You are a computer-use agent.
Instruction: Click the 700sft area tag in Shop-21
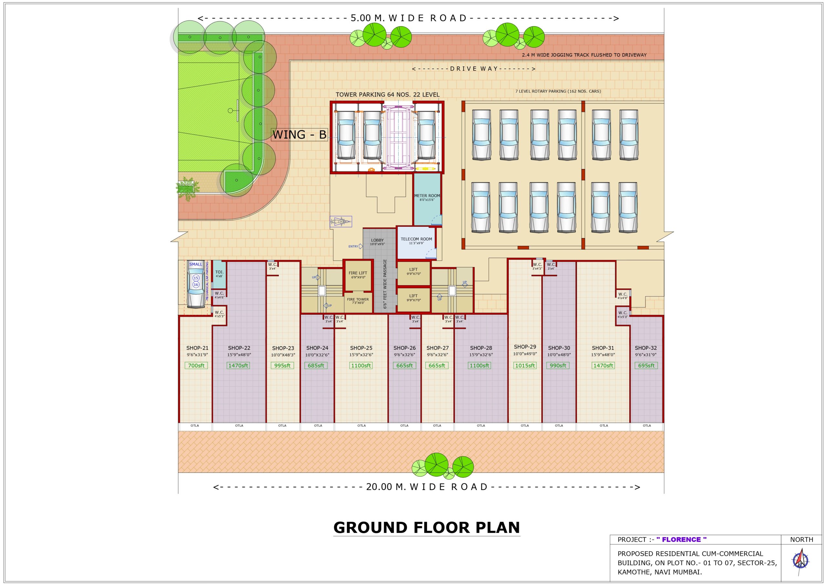pos(196,366)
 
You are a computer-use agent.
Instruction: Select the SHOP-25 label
pos(361,348)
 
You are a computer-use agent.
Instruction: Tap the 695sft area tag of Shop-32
pos(646,366)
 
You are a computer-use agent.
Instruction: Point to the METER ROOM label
pos(427,196)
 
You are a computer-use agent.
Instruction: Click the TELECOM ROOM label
pos(416,239)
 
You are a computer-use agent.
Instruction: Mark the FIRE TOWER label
pos(358,299)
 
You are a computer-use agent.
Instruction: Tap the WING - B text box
pos(299,135)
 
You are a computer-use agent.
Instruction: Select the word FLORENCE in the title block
pos(682,539)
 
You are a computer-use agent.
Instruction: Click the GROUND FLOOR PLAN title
pos(426,528)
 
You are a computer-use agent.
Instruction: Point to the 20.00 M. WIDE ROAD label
pos(426,487)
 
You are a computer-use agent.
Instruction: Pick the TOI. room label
pos(219,272)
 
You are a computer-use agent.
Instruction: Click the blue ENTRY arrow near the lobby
pos(360,246)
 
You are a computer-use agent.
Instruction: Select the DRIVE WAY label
pos(474,69)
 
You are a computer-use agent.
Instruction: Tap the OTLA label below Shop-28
pos(481,426)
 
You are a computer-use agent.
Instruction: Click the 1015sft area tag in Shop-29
pos(525,366)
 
